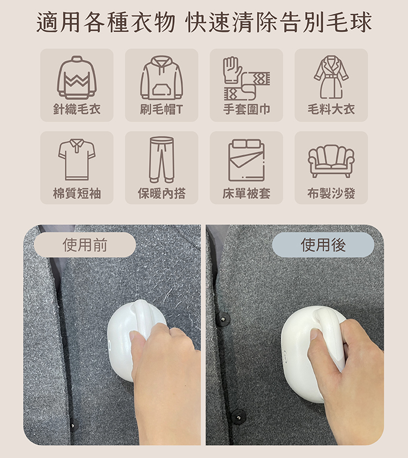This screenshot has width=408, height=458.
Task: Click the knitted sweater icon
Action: coord(77,77)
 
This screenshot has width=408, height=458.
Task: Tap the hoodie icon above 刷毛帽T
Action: coord(162,77)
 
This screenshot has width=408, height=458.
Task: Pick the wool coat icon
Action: coord(331,77)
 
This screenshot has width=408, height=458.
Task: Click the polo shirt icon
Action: coord(77,159)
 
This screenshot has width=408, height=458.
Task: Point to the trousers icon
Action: coord(162,160)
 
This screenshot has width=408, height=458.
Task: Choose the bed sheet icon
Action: coord(246,160)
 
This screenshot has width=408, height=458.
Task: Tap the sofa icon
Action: coord(331,161)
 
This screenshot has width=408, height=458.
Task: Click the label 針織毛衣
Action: coord(77,109)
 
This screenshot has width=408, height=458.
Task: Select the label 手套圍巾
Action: coord(246,109)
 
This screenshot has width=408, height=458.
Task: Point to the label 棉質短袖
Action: coord(77,193)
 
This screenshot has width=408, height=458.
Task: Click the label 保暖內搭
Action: coord(162,193)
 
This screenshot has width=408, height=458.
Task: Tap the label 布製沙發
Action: coord(331,193)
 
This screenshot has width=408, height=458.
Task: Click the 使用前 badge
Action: coord(85,245)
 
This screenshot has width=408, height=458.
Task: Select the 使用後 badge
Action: coord(323,245)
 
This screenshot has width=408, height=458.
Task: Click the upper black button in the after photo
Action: coord(223,318)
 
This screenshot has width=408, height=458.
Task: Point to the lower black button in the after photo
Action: coord(238,416)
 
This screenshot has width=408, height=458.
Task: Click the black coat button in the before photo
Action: coord(73,425)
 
